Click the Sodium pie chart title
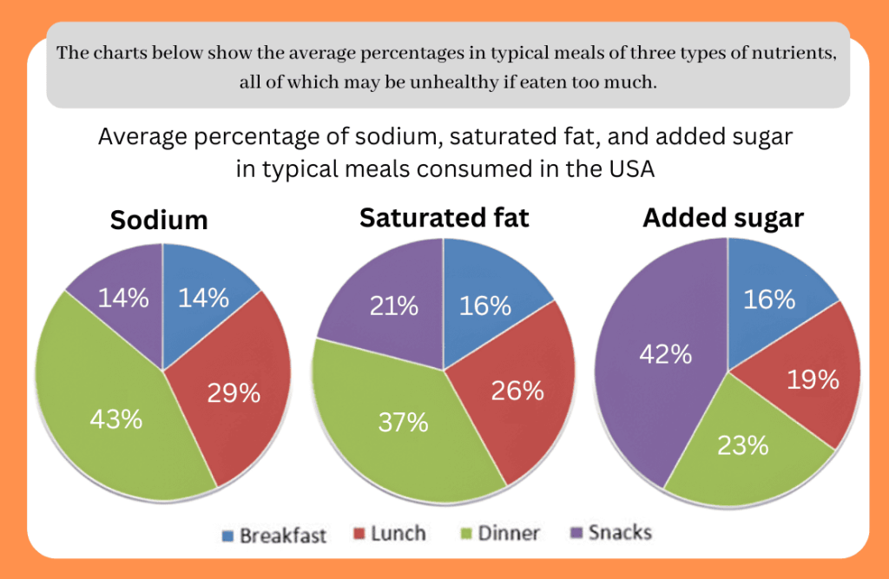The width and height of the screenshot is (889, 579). tap(159, 220)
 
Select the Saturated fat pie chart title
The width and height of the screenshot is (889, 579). tap(444, 217)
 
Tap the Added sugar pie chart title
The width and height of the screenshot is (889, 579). tap(723, 218)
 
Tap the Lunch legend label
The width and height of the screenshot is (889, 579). tap(398, 533)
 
